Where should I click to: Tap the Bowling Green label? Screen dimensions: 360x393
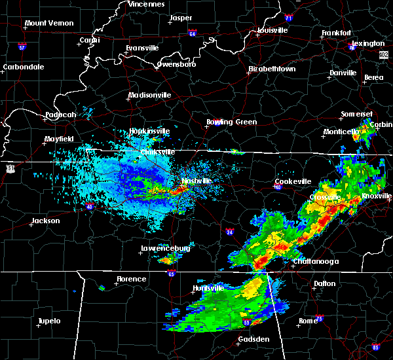[x=232, y=122]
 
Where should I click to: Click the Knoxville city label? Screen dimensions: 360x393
[x=378, y=196]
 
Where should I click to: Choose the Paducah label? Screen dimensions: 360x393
[x=60, y=115]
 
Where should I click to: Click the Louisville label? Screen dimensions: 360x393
[x=272, y=30]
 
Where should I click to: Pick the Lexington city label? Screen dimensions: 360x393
[x=371, y=43]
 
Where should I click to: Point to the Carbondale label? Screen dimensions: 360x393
[x=23, y=67]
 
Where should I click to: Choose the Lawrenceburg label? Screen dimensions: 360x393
[x=165, y=249]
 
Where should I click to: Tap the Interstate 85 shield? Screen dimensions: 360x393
[x=376, y=346]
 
